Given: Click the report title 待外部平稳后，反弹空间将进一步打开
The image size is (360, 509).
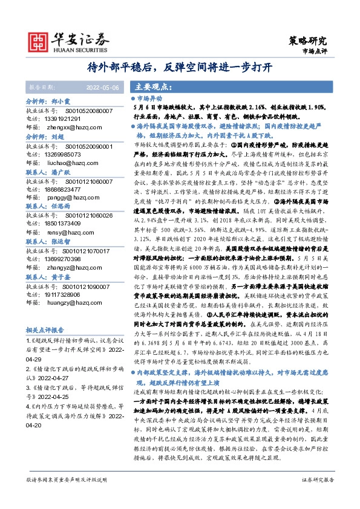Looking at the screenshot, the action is click(180, 66).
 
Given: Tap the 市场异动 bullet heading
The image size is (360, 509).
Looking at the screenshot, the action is click(151, 98).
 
